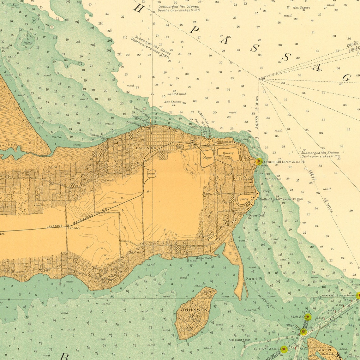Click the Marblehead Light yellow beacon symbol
(x=259, y=162)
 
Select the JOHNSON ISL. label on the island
(x=194, y=312)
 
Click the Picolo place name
(x=73, y=228)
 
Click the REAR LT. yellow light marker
(x=308, y=316)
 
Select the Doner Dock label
(x=256, y=215)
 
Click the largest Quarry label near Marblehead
(x=228, y=153)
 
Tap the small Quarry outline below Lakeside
(x=151, y=173)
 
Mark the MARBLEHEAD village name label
(x=223, y=142)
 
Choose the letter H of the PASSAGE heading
(x=138, y=8)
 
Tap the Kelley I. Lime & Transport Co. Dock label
(x=281, y=199)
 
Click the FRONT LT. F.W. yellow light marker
(x=284, y=349)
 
